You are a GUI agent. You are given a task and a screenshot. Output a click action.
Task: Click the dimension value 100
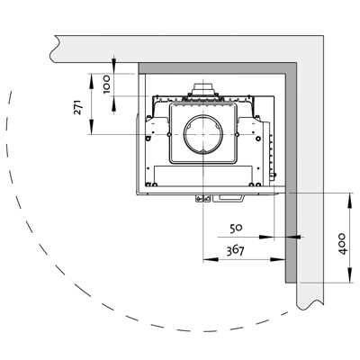(107, 85)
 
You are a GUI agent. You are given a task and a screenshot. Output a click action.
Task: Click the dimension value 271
(77, 107)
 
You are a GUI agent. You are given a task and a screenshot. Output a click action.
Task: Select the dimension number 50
(236, 229)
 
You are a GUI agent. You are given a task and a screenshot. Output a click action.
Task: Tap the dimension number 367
(235, 250)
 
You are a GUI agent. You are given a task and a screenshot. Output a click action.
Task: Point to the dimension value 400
(342, 244)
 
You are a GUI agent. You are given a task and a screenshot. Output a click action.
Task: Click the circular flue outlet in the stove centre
(203, 134)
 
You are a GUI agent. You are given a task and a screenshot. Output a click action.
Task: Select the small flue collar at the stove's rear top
(203, 89)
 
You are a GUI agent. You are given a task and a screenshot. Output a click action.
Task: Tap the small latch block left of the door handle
(203, 198)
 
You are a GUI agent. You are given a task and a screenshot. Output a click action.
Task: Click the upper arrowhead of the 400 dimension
(350, 201)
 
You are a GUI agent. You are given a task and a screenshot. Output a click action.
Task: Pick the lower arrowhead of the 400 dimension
(350, 275)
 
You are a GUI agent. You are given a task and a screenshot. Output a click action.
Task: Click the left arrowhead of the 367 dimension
(211, 259)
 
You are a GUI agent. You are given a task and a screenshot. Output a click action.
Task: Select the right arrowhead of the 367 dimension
(277, 259)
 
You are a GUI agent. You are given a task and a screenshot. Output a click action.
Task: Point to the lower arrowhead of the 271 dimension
(91, 127)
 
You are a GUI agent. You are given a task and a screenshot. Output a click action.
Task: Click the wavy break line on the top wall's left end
(53, 49)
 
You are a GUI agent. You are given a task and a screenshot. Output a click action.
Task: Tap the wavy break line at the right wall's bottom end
(310, 305)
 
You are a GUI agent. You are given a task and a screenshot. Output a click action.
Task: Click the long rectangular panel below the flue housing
(203, 175)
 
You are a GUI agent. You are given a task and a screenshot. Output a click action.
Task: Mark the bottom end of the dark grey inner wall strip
(291, 283)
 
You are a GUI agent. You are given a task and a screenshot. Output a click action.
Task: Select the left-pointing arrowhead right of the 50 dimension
(293, 237)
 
